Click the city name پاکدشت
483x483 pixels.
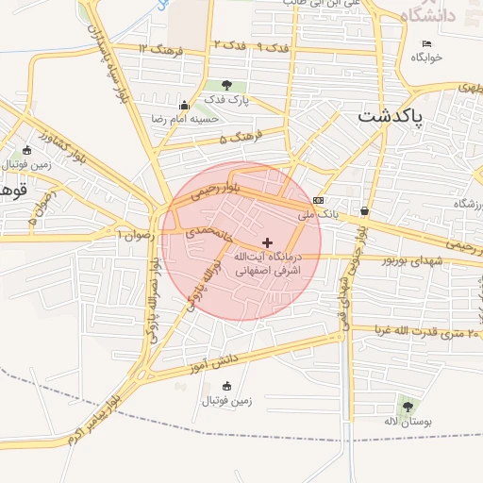tap(391, 116)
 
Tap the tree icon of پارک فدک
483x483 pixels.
tap(226, 85)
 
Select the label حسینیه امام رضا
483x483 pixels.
tap(187, 119)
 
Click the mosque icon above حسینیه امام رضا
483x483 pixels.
tap(184, 104)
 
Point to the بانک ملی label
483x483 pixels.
tap(318, 215)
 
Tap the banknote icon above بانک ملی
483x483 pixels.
tap(319, 200)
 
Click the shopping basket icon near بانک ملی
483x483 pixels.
tap(364, 211)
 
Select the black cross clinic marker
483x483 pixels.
tap(267, 242)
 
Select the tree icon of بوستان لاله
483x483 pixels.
tap(408, 407)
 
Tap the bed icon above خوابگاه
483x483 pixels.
tap(426, 43)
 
